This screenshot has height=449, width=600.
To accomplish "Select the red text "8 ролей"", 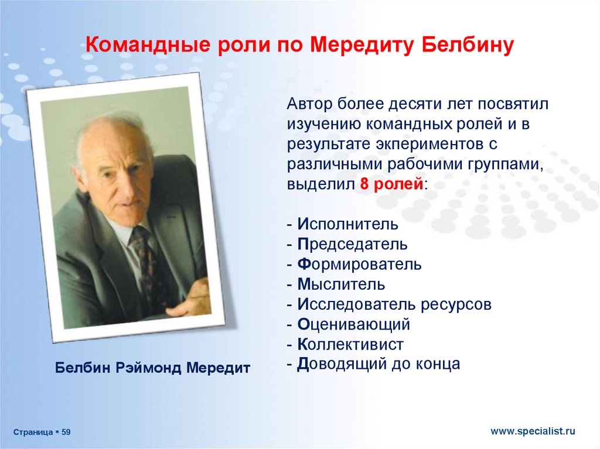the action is [x=391, y=184].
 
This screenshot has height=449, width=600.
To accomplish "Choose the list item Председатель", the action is [x=352, y=244].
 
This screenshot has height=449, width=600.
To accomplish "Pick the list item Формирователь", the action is [x=359, y=264].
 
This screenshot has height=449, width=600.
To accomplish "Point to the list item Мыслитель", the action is [x=341, y=284].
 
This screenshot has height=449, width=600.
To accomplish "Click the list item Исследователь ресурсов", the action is [x=394, y=304].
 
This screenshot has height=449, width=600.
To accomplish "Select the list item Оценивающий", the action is [x=353, y=324].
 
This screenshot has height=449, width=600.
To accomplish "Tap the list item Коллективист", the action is [x=350, y=344].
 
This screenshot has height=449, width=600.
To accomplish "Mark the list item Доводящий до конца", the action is [x=379, y=364].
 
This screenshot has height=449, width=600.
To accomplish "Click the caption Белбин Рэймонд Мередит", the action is [x=152, y=368].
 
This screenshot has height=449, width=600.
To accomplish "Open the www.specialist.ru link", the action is [x=533, y=431].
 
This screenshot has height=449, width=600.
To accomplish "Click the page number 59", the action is [x=66, y=432].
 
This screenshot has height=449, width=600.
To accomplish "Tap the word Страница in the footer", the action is [x=33, y=432].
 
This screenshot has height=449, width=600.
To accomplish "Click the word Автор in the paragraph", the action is [x=309, y=104].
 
